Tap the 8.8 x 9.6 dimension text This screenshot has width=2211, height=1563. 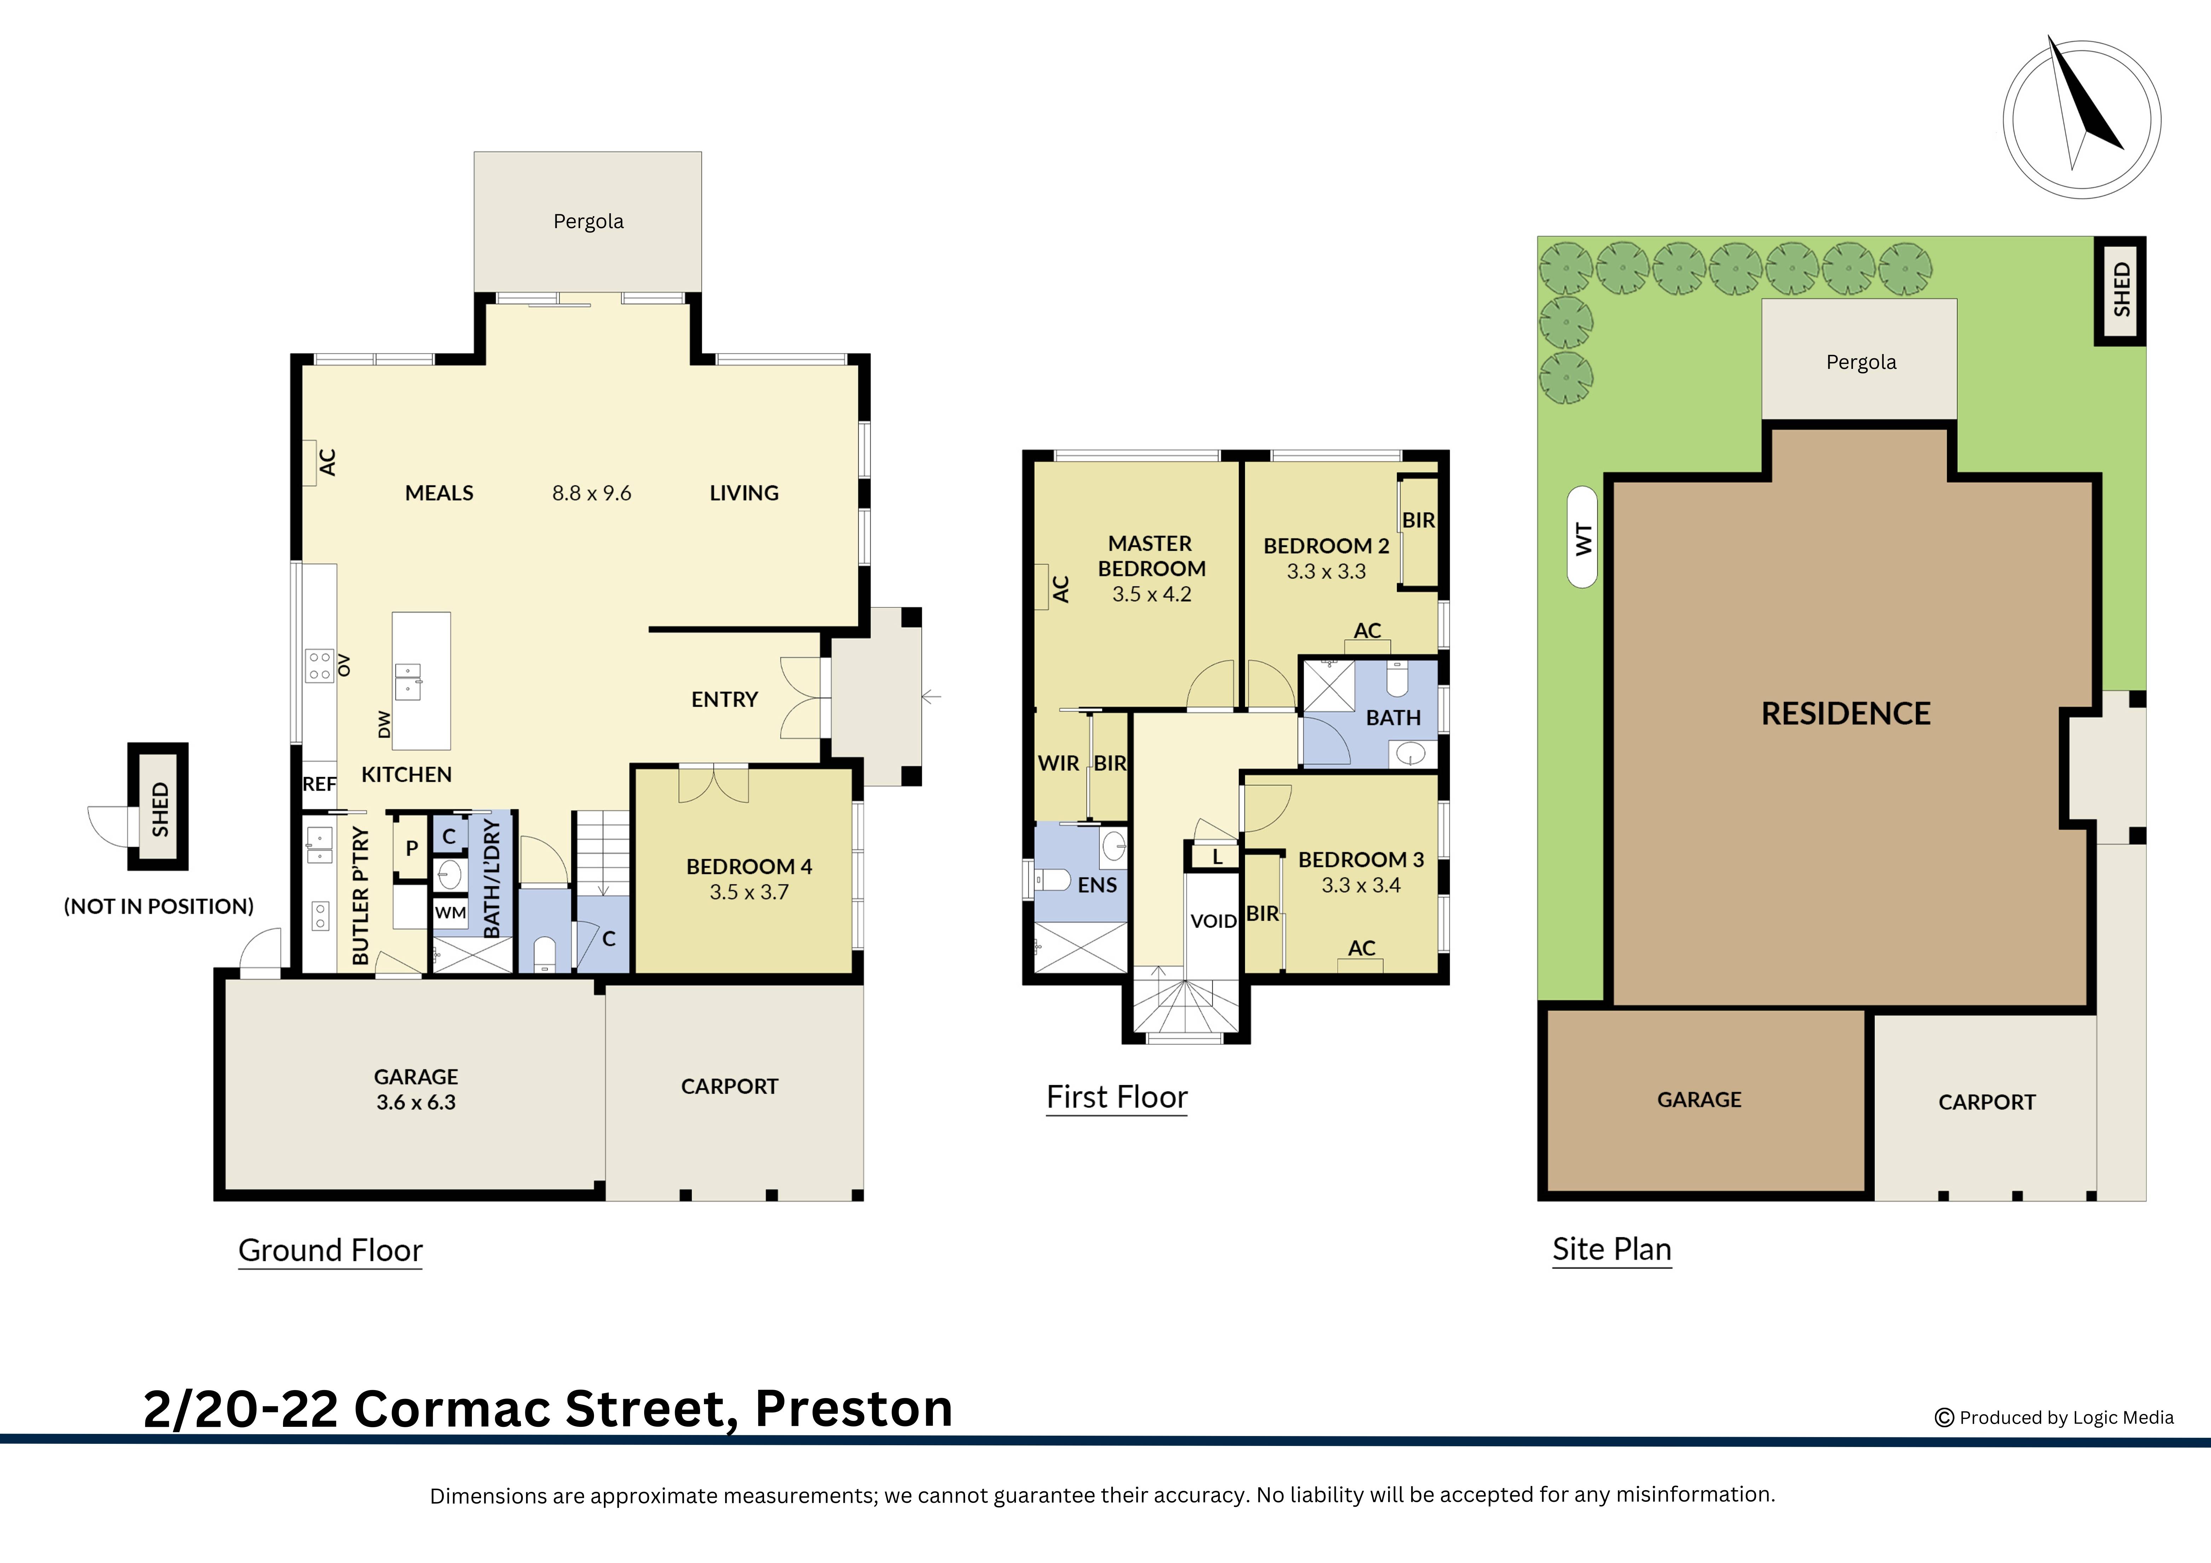[591, 493]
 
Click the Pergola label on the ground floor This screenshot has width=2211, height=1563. [588, 221]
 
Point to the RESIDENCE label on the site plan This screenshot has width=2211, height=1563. [1845, 714]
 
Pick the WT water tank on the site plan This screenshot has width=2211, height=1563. [1582, 537]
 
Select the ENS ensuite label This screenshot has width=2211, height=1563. [1097, 885]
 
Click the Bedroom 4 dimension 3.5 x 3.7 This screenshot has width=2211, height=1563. [749, 893]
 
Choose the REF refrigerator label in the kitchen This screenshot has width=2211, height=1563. [319, 784]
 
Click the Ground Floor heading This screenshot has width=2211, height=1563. [330, 1250]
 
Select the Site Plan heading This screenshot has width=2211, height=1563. [1611, 1249]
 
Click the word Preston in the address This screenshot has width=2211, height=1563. [853, 1409]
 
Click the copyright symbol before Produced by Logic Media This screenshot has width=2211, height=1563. [1944, 1418]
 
